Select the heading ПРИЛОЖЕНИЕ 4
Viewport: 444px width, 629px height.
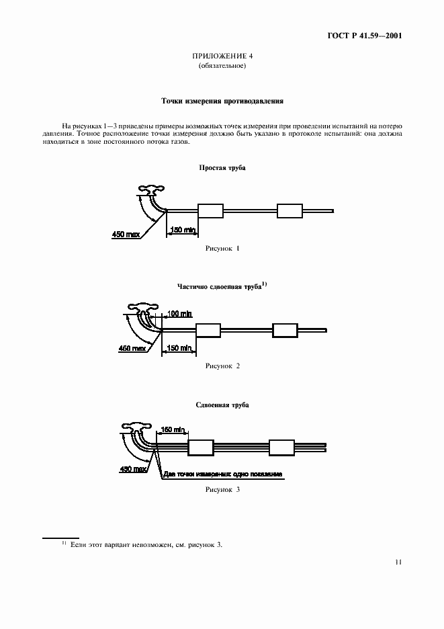point(222,56)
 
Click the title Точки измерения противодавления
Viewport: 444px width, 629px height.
point(222,102)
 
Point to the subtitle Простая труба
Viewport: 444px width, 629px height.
point(222,167)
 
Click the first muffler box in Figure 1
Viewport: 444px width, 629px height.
point(210,211)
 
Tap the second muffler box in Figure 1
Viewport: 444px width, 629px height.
point(290,211)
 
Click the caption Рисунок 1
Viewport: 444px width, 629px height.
point(222,249)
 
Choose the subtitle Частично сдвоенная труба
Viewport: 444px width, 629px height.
point(219,287)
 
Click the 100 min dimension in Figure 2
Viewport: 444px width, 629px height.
point(179,314)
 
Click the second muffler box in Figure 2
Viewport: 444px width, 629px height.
point(285,330)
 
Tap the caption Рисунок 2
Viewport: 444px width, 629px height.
point(222,366)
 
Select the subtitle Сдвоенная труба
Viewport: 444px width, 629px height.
point(222,405)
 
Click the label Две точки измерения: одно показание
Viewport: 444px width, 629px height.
point(222,474)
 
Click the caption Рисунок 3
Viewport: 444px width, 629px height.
point(222,490)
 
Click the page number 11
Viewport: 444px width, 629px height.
point(398,563)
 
